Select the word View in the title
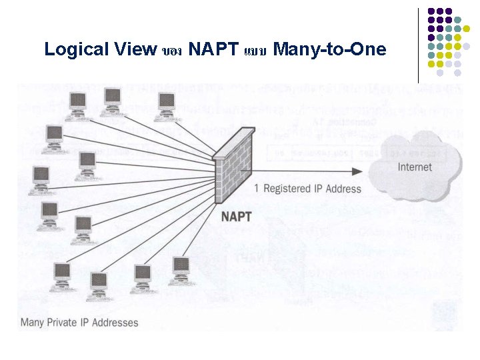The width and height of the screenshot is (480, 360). click(x=134, y=49)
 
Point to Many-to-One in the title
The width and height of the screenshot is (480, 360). click(x=329, y=49)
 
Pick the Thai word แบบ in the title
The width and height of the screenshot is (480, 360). click(x=255, y=51)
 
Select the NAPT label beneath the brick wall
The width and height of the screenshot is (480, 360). click(x=236, y=215)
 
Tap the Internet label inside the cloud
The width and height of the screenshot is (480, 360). click(x=415, y=167)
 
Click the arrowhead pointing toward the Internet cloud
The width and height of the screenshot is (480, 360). click(x=357, y=171)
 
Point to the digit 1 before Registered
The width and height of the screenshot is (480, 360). click(x=257, y=189)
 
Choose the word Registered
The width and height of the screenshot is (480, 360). click(x=288, y=189)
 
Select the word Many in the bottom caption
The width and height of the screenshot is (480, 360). click(x=33, y=323)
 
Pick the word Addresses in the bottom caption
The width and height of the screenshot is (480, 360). click(x=117, y=323)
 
